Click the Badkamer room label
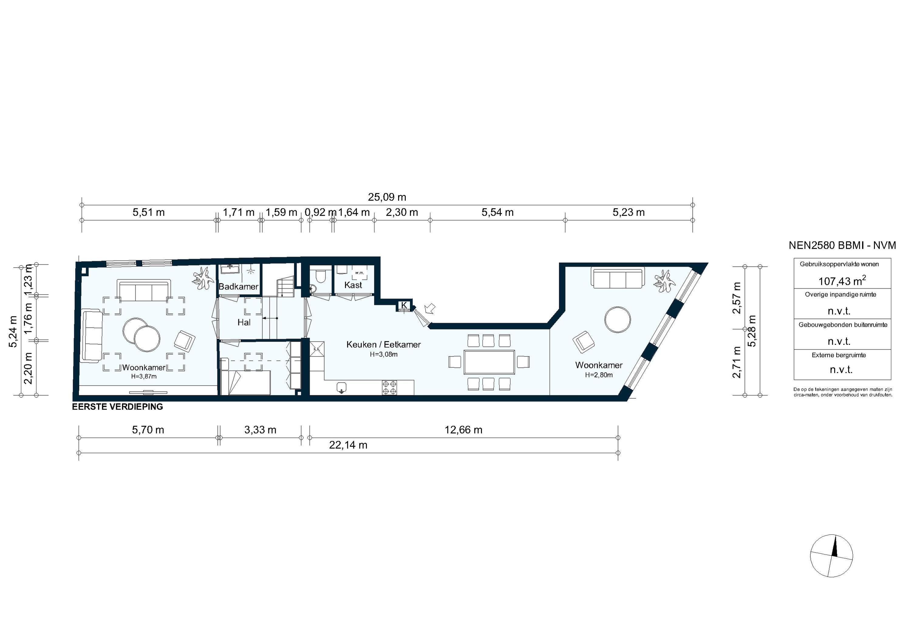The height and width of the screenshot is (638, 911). click(238, 286)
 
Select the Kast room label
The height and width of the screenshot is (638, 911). click(353, 285)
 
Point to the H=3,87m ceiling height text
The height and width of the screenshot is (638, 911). click(144, 376)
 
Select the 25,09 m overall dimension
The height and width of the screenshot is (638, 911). click(387, 197)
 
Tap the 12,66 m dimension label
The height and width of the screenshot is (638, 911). click(463, 430)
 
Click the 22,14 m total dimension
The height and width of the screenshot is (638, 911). click(348, 445)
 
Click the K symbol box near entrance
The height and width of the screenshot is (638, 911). click(404, 305)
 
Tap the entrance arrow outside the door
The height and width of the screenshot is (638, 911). click(429, 308)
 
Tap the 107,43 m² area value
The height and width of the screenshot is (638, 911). click(841, 281)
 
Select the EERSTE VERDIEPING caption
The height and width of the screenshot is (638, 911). click(118, 407)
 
